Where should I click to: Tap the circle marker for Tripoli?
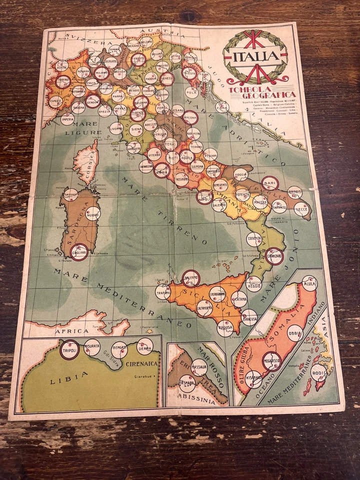coord(69,350)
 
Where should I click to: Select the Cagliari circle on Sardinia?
coord(79,251)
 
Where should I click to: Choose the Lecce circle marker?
coord(301,209)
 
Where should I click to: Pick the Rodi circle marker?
coord(318,372)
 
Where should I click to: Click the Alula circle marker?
coord(309,283)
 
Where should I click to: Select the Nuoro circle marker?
coord(93,213)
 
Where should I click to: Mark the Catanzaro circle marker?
coord(274,256)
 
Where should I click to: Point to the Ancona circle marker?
coord(190,118)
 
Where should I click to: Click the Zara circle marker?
coord(222,106)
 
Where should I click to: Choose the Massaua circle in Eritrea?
coord(199,367)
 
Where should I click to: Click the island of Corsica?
coord(85,160)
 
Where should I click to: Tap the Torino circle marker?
coord(63,81)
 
